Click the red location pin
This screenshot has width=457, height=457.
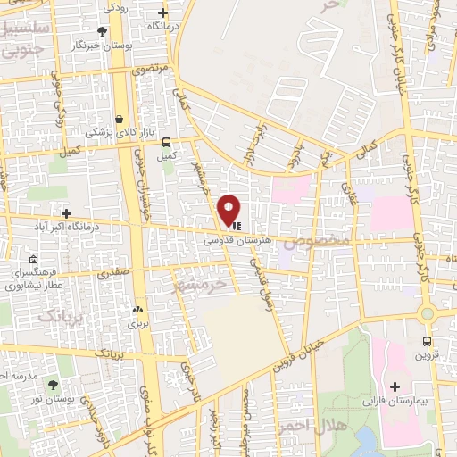(x=230, y=209)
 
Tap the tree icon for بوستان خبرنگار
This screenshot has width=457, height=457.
(x=102, y=30)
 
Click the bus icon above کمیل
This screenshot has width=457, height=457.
(x=165, y=141)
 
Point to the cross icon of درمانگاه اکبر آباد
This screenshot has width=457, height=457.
(x=67, y=212)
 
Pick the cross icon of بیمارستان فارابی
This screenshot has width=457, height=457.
(x=395, y=386)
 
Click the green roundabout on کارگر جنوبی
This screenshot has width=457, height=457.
(x=427, y=312)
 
